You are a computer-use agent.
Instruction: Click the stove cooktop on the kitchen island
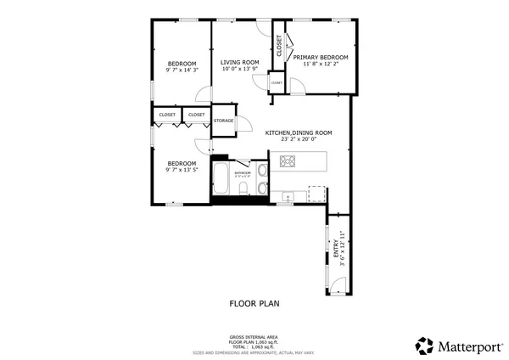pyautogui.click(x=288, y=161)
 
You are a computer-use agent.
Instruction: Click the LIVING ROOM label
pyautogui.click(x=239, y=62)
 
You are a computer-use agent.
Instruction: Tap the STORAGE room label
pyautogui.click(x=223, y=121)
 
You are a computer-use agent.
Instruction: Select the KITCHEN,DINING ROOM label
pyautogui.click(x=298, y=132)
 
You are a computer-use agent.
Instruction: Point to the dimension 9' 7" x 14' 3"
pyautogui.click(x=182, y=70)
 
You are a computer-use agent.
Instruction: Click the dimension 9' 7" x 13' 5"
pyautogui.click(x=182, y=170)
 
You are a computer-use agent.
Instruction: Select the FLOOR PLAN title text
pyautogui.click(x=255, y=302)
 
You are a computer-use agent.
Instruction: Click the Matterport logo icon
pyautogui.click(x=424, y=345)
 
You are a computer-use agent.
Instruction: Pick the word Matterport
pyautogui.click(x=465, y=346)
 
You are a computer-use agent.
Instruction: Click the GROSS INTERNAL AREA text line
pyautogui.click(x=255, y=336)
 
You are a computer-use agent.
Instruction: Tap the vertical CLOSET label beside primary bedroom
pyautogui.click(x=278, y=45)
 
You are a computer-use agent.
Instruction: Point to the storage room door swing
pyautogui.click(x=243, y=124)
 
